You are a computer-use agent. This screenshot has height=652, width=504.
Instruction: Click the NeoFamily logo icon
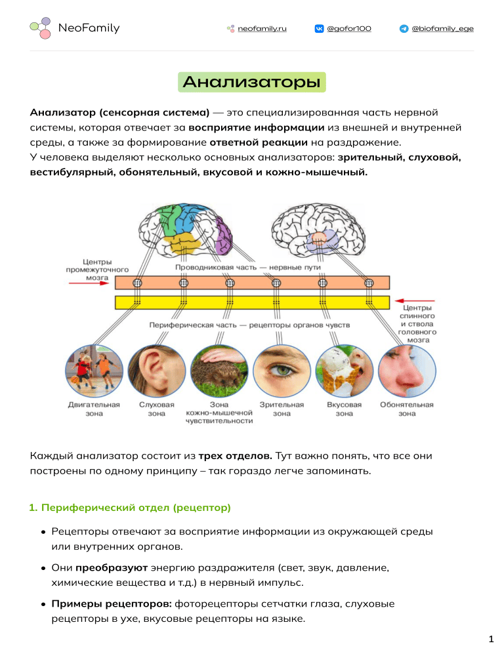(x=41, y=28)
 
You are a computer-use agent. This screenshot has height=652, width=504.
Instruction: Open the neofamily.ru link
(x=262, y=29)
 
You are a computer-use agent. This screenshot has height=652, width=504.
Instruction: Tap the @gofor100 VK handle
(x=348, y=29)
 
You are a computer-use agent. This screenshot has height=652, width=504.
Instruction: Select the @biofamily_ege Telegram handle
(x=442, y=29)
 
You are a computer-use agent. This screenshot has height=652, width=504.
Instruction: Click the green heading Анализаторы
(x=252, y=82)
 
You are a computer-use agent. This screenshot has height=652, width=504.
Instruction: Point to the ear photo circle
(x=156, y=371)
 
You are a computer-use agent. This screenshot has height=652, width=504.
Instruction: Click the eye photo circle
(x=282, y=371)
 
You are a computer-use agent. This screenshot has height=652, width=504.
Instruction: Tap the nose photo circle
(x=407, y=371)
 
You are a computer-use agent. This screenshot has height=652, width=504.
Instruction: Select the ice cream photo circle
(x=344, y=371)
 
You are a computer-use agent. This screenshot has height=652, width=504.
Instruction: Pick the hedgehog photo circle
(x=219, y=371)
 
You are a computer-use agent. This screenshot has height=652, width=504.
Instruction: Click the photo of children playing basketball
(x=94, y=371)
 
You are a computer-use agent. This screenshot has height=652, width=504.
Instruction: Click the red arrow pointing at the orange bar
(x=89, y=283)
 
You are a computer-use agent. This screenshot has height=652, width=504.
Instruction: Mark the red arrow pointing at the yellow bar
(x=415, y=300)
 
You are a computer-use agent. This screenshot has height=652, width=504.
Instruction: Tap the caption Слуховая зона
(x=156, y=409)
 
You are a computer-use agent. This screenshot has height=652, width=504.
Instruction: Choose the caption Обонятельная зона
(x=407, y=409)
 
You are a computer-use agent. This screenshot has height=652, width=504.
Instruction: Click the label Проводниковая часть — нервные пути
(x=247, y=268)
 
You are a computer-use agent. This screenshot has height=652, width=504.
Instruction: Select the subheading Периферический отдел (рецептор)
(x=130, y=508)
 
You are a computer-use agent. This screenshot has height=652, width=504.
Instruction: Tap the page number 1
(x=491, y=639)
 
